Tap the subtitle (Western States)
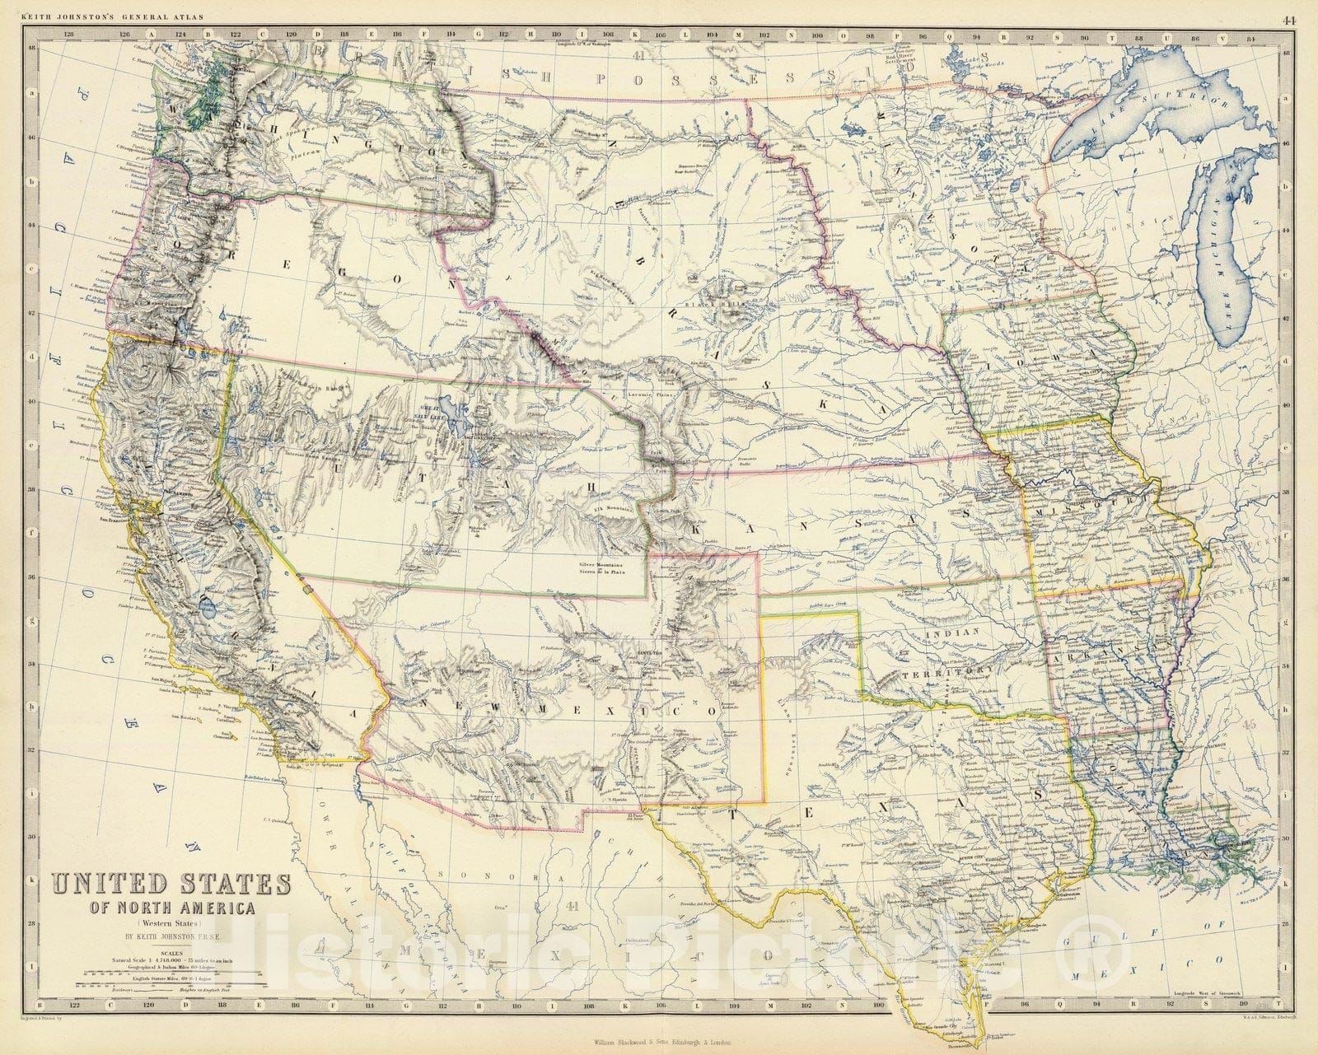[x=172, y=924]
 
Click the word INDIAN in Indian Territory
[x=953, y=633]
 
